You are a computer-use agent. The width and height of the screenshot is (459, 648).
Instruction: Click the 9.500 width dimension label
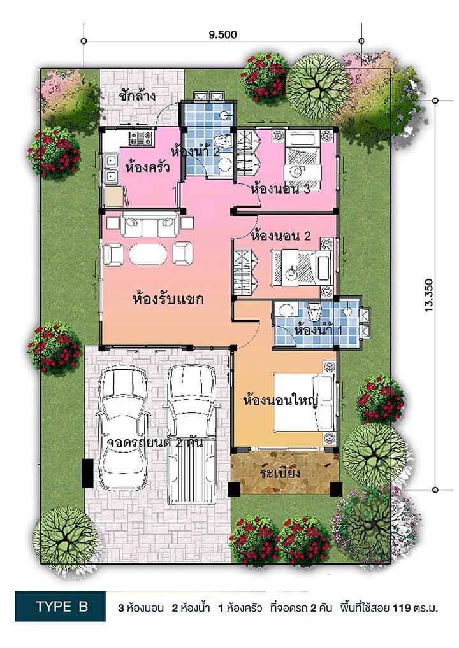coord(222,35)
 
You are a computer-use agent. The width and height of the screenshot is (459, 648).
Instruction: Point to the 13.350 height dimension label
coord(429,295)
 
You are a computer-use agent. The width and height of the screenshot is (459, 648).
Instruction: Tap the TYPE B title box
coord(61,606)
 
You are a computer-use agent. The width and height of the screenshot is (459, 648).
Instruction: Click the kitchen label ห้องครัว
coord(147,167)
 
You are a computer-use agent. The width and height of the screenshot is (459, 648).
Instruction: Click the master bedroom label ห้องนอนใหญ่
coord(280,401)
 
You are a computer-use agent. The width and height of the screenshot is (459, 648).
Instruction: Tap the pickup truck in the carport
coord(192,434)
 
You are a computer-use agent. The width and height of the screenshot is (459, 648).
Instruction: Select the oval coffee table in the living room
coord(148,254)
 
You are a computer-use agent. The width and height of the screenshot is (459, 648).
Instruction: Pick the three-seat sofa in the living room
coord(150,225)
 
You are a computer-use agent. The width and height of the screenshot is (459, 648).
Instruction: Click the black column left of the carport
coord(88,473)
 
